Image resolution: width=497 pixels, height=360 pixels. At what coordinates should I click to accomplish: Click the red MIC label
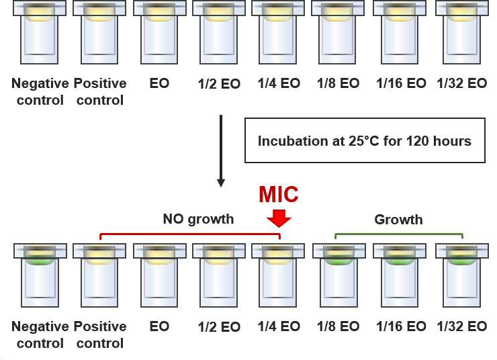pos(278,194)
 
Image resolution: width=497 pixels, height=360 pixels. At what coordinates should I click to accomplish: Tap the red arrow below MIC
pos(279,218)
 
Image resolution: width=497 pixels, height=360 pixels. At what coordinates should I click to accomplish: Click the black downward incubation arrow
pos(221,151)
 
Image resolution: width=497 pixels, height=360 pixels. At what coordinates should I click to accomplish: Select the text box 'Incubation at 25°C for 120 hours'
pos(365,140)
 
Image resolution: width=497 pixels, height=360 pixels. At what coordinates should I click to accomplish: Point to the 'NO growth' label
pos(198,219)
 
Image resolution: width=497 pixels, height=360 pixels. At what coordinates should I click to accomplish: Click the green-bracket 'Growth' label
pos(398,220)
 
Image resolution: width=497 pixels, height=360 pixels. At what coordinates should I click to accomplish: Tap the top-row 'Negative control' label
pos(40,92)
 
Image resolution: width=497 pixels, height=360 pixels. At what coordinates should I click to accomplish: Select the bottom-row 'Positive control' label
pos(100,334)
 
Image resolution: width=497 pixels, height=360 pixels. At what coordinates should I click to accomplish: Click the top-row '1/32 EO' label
pos(462,84)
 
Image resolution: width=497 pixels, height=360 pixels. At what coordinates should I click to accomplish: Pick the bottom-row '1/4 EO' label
pos(279,326)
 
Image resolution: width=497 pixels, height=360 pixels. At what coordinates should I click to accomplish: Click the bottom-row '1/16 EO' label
pos(401,326)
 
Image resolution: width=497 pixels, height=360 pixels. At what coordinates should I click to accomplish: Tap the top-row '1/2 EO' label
pos(219,84)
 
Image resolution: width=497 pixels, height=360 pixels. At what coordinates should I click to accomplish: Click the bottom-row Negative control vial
pos(40,275)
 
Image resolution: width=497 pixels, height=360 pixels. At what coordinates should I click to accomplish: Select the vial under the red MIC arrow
pos(278,275)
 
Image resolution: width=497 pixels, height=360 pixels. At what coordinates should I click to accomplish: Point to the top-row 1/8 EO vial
pos(338,32)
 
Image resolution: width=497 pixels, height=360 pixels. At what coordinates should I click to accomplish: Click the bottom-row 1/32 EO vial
pos(462,275)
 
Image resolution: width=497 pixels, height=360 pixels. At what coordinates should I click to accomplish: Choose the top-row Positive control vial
pos(99,32)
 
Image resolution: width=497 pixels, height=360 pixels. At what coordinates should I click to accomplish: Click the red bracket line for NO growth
pos(190,234)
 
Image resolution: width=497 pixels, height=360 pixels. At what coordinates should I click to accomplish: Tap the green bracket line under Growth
pos(399,234)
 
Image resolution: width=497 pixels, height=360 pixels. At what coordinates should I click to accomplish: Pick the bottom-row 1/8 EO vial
pos(339,275)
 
